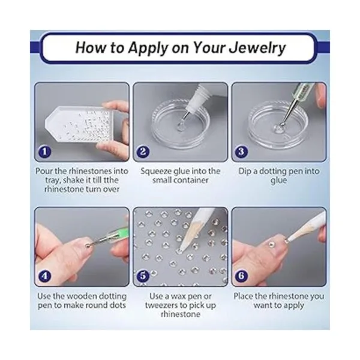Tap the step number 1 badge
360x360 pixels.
click(44, 152)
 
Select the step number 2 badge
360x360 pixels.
click(143, 152)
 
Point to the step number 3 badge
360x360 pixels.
click(241, 152)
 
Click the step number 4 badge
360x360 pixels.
click(44, 276)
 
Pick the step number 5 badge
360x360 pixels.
click(143, 276)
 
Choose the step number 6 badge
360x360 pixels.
click(241, 276)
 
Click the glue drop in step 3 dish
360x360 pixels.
click(278, 128)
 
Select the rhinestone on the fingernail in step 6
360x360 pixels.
click(272, 244)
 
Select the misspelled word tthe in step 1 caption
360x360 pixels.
click(111, 180)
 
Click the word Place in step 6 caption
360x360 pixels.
click(243, 296)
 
